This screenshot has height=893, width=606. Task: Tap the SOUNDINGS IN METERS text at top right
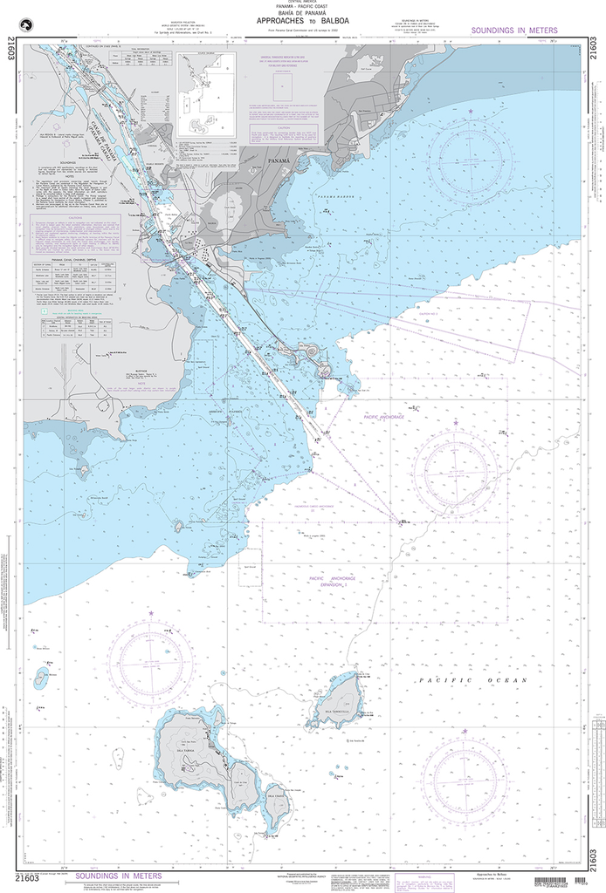point(513,31)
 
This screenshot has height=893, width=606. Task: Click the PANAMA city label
point(280,161)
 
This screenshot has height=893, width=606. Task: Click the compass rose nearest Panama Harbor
point(470,156)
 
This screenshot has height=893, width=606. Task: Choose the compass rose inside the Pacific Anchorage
point(455,470)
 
